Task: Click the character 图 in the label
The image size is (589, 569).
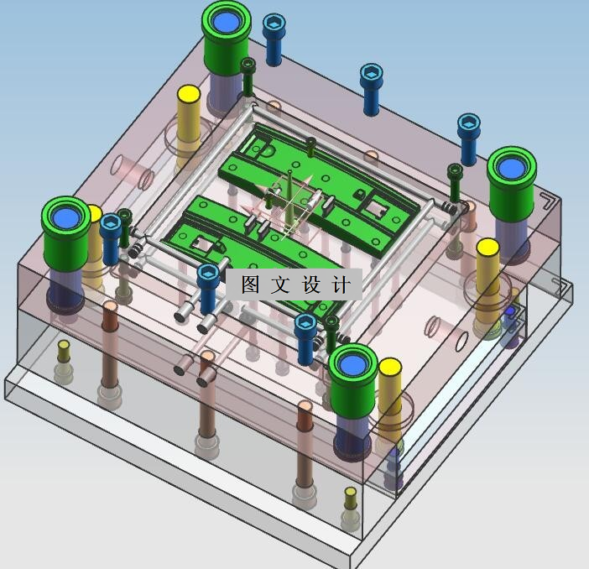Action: click(x=250, y=284)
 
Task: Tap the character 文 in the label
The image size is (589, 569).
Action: click(x=280, y=284)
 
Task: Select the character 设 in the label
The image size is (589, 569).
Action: click(x=311, y=284)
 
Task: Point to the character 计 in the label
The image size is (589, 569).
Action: click(x=341, y=284)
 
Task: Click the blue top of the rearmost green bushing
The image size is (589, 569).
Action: click(x=226, y=22)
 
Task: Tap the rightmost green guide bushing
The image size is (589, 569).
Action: click(x=512, y=184)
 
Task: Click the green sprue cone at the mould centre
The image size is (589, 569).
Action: click(x=290, y=199)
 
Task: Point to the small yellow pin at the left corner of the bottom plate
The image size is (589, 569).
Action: click(x=64, y=351)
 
